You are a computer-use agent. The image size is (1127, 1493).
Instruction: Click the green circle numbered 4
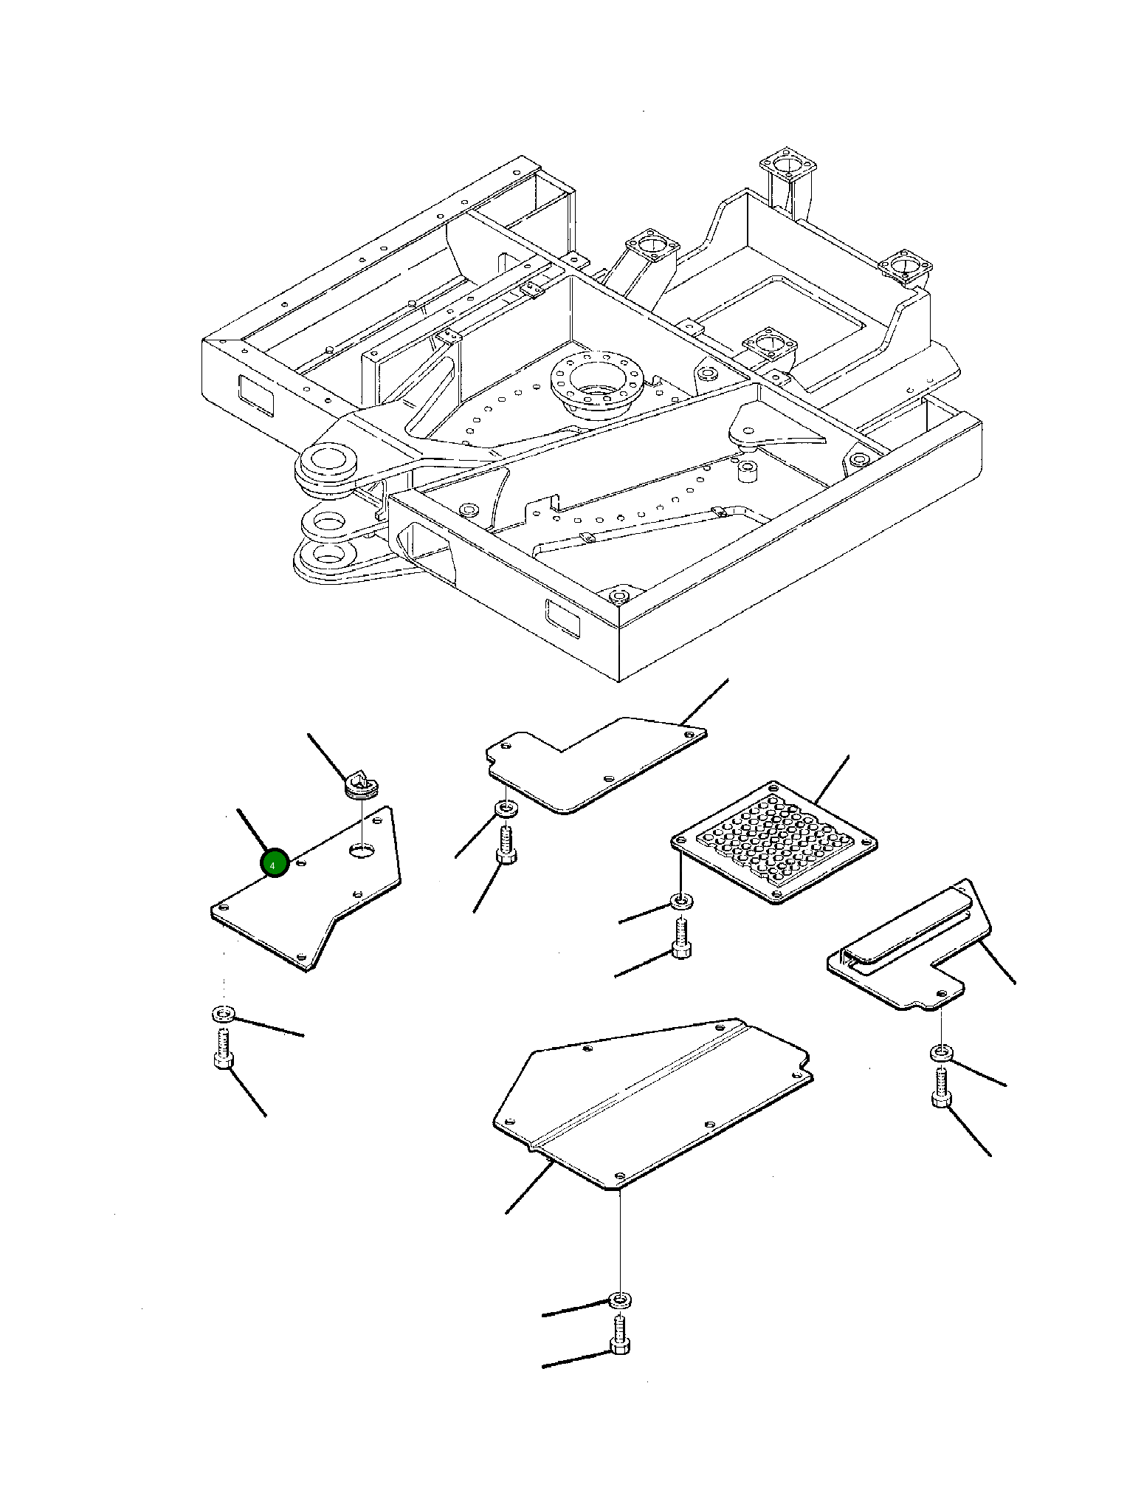(x=274, y=863)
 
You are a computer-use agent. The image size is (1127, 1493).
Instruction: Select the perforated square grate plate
(x=773, y=842)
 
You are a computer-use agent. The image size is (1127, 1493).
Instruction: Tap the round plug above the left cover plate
(x=362, y=784)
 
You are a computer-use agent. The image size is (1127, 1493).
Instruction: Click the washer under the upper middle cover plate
(x=506, y=809)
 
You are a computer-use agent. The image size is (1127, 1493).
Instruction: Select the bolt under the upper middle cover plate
(x=506, y=845)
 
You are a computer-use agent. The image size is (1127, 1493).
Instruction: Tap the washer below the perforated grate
(x=680, y=902)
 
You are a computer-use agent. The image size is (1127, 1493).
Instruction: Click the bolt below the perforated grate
(x=681, y=938)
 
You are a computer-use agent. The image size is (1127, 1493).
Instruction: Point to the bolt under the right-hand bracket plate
(x=941, y=1088)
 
